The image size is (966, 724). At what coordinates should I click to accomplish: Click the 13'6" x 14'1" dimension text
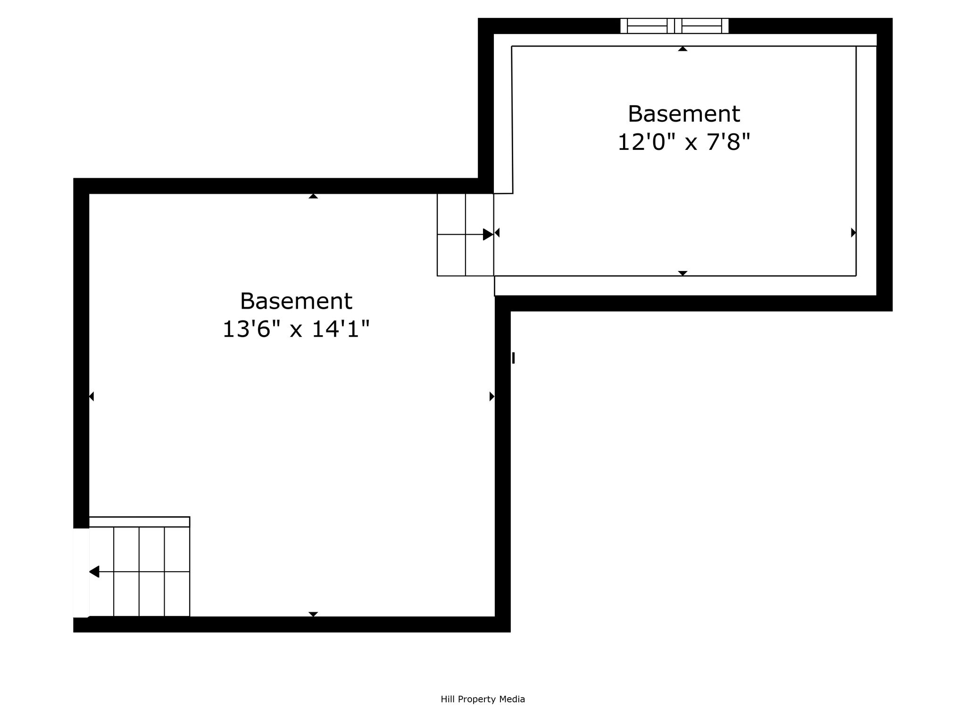pos(296,329)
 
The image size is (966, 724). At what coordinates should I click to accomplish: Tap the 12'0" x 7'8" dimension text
pos(683,142)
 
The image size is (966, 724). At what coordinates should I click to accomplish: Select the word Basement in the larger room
pos(296,301)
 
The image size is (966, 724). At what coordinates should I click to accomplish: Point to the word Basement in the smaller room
pos(684,114)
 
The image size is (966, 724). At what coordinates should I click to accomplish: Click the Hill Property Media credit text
pos(483,699)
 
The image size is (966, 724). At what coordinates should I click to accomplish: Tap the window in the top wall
pos(675,26)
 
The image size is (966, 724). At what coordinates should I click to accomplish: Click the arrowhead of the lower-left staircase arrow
pos(94,572)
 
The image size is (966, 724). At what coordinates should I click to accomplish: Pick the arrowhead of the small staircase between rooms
pos(488,234)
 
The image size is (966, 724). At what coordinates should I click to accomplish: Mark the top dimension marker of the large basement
pos(313,196)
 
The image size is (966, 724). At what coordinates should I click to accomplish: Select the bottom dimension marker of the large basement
pos(313,614)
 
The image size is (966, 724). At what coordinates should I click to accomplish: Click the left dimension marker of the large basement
pos(92,396)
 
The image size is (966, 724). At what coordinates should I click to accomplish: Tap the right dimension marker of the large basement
pos(492,396)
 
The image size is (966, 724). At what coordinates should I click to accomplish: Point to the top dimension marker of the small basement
pos(683,49)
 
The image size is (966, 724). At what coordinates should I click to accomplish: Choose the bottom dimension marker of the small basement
pos(683,273)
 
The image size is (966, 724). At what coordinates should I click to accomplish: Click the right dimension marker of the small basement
pos(854,232)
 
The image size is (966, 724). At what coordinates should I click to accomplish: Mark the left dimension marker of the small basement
pos(497,232)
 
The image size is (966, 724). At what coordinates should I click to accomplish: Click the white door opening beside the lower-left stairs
pos(81,573)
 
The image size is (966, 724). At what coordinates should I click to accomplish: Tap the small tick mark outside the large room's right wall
pos(514,358)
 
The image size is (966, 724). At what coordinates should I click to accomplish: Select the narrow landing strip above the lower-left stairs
pos(139,522)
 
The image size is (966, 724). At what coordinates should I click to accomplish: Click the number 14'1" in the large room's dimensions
pos(341,329)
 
